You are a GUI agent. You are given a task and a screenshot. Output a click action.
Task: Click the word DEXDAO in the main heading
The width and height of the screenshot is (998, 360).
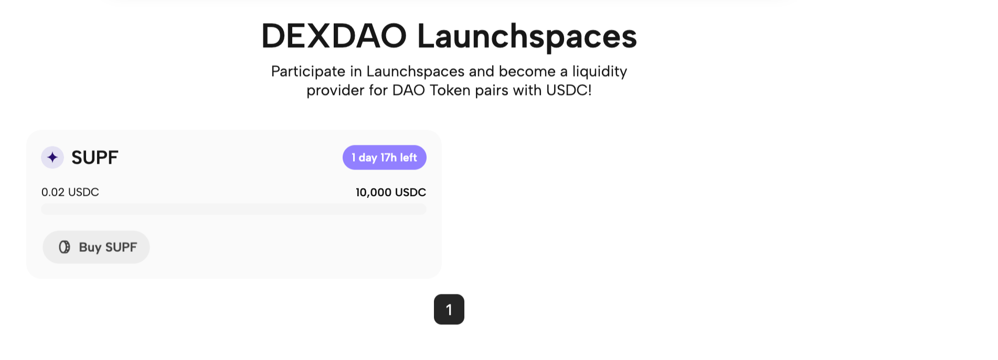tap(334, 37)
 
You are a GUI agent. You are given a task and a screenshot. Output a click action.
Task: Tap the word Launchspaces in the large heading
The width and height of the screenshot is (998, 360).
tap(527, 37)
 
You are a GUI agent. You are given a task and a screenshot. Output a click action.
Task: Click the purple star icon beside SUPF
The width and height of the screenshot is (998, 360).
tap(52, 157)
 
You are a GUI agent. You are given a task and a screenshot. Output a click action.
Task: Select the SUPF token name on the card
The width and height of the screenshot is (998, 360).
tap(95, 157)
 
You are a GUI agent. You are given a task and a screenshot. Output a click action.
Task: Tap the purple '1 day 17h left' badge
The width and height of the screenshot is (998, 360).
tap(384, 157)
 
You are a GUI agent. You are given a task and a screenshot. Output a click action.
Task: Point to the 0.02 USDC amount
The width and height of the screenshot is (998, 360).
tap(70, 192)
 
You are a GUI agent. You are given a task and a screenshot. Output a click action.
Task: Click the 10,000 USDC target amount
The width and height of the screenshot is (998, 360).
tap(390, 193)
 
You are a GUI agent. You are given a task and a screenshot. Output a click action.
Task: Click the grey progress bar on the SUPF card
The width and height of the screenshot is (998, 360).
tap(233, 209)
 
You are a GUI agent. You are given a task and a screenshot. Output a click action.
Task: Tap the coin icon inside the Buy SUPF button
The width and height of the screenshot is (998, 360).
tap(65, 247)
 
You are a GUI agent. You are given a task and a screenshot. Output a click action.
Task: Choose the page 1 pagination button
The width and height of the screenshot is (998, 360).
tap(449, 310)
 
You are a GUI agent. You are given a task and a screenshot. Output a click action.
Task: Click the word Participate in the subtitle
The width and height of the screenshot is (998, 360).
tap(308, 71)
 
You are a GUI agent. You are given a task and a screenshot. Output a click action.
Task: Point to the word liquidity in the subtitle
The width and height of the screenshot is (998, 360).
tap(599, 71)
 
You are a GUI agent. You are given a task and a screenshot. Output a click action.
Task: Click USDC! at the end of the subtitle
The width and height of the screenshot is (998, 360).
tap(569, 90)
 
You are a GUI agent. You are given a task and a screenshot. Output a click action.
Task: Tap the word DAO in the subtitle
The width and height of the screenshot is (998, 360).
tap(409, 90)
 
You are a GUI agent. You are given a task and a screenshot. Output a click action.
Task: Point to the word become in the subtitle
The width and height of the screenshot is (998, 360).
tap(527, 71)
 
